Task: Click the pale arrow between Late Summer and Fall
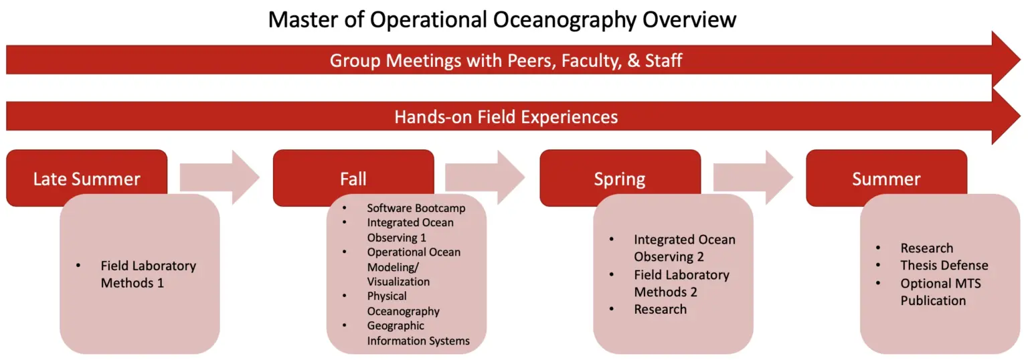click(220, 177)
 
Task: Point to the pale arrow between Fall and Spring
click(485, 177)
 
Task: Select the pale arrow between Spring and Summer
click(753, 177)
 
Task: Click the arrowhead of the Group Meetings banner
click(1005, 60)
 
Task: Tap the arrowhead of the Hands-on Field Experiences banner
click(1005, 116)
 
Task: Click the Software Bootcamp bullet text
click(416, 208)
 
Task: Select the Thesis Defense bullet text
click(944, 266)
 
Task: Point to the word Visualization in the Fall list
click(398, 282)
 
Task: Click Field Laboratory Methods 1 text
click(148, 274)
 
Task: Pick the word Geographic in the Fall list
click(396, 326)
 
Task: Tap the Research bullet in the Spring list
click(660, 310)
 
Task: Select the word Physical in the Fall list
click(386, 296)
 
